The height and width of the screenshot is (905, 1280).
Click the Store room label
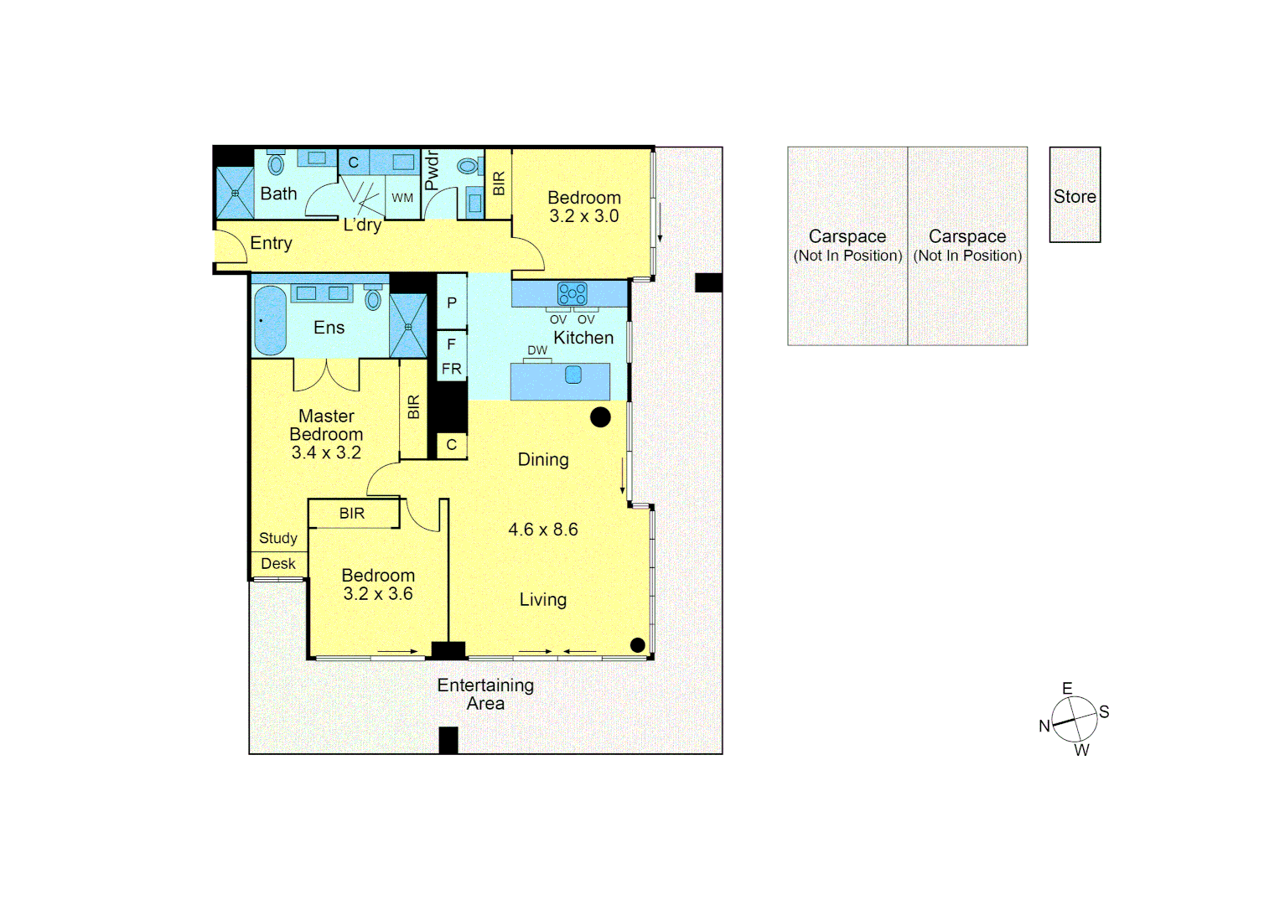1075,196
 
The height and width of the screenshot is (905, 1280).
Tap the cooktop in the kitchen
573,293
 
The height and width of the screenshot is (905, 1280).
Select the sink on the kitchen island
573,375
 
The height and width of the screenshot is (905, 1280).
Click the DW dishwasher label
537,350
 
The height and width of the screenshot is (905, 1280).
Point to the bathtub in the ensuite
270,320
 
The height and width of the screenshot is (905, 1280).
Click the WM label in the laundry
402,198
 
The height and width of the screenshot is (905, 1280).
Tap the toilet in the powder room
468,166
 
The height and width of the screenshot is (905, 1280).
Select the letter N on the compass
1044,727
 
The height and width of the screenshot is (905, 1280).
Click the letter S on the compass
1104,712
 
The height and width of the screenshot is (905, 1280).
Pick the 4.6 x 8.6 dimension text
543,530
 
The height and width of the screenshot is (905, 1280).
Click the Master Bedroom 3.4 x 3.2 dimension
326,452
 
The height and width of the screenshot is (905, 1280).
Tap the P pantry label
452,303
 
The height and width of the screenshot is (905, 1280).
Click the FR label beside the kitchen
452,369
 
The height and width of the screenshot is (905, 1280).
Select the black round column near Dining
600,417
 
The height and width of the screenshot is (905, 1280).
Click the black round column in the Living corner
637,644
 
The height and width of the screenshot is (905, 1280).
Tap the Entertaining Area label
485,695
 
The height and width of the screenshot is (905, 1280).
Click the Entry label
271,243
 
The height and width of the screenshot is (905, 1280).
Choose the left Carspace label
847,237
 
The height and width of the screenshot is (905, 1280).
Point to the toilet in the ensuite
373,299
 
